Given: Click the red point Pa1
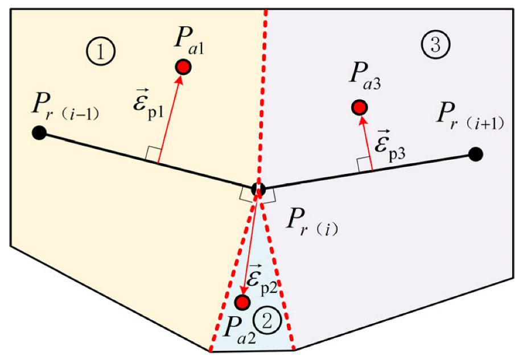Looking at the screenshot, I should pyautogui.click(x=183, y=67).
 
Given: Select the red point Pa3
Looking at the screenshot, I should pyautogui.click(x=359, y=107).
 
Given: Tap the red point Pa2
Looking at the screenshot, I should pyautogui.click(x=243, y=301).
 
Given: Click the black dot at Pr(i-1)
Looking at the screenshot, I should pyautogui.click(x=38, y=133).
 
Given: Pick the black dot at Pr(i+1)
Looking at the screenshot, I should pyautogui.click(x=476, y=154).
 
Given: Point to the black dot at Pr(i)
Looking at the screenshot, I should pyautogui.click(x=259, y=188).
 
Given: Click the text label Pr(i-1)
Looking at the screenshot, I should pyautogui.click(x=67, y=110).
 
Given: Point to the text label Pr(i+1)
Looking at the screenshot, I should pyautogui.click(x=470, y=118).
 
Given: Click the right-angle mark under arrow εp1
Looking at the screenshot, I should pyautogui.click(x=153, y=154).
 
